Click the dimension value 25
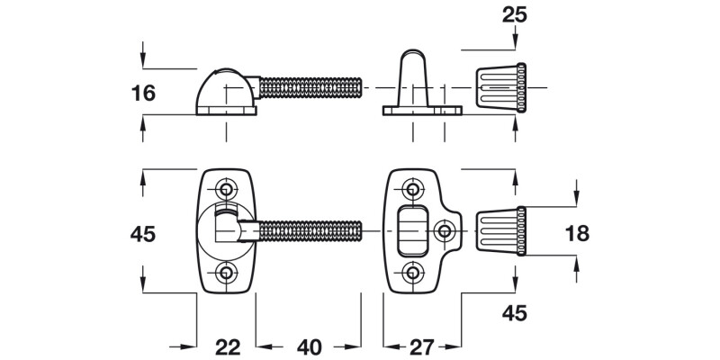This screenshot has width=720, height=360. coord(515,15)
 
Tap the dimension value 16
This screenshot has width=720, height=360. coord(143,93)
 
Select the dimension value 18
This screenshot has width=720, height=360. coord(577,233)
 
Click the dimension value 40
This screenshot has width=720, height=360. coord(309,346)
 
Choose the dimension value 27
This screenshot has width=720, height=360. coord(422,346)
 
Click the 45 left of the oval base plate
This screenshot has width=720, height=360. coord(143,233)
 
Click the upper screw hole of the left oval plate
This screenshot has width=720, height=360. coord(225,188)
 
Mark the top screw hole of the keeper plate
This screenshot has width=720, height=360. coord(413,189)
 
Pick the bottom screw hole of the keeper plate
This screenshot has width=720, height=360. coord(413,273)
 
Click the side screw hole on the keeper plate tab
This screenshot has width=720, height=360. coord(445,231)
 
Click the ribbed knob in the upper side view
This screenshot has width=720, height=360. coord(499,88)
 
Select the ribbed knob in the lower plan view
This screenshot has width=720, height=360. coord(499,231)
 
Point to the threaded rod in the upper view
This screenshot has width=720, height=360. coord(310,88)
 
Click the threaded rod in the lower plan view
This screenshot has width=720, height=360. coord(310,231)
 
